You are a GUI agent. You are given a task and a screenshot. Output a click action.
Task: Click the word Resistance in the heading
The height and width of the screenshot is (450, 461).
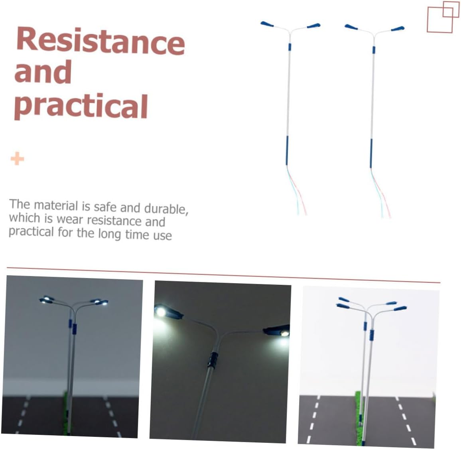(x=100, y=41)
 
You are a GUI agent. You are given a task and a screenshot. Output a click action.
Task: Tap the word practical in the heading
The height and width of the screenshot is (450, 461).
(x=81, y=106)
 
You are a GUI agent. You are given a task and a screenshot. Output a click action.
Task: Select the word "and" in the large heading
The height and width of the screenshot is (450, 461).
(x=43, y=72)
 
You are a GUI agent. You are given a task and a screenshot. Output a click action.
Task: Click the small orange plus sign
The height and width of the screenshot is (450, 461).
(x=17, y=158)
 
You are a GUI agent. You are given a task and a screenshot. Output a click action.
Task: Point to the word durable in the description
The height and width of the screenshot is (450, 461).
(x=166, y=209)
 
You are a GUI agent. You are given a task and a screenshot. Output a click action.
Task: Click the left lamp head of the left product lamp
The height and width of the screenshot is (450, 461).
(x=267, y=24)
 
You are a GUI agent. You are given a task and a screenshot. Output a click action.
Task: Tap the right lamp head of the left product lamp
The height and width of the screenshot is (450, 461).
(x=313, y=26)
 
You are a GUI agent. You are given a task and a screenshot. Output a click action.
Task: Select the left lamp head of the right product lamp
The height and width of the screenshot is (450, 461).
(x=351, y=27)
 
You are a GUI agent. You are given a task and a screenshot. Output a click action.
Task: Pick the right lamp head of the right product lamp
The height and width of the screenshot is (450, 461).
(x=398, y=29)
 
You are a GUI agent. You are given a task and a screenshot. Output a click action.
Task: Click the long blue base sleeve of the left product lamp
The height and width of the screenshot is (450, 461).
(x=287, y=150)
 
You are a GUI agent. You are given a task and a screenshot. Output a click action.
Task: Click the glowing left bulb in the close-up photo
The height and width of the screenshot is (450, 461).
(x=161, y=312)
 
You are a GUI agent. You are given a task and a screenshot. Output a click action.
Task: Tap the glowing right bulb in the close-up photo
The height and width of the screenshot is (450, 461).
(x=284, y=333)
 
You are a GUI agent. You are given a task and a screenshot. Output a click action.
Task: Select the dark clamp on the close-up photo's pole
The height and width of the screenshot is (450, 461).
(x=212, y=359)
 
